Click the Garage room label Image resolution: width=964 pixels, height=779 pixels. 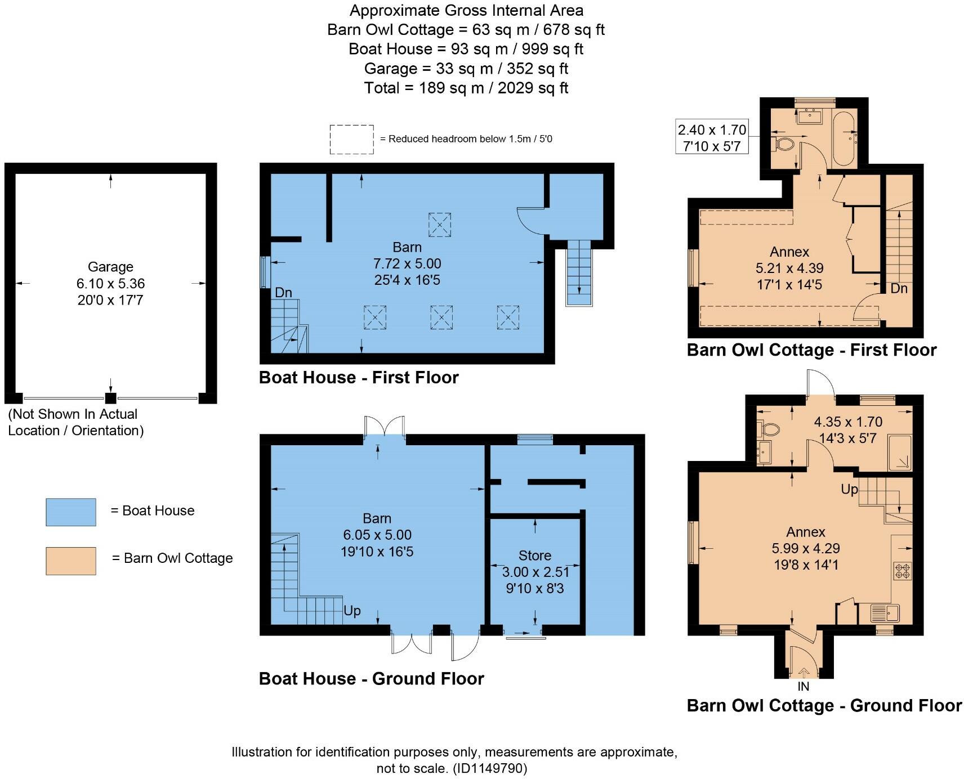[110, 267]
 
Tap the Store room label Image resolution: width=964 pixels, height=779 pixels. [534, 556]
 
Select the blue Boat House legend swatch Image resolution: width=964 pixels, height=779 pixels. [71, 512]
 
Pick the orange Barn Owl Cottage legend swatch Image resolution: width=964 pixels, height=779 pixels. [71, 561]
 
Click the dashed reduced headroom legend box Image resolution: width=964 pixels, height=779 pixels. [351, 139]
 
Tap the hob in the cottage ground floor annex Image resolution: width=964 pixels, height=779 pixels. [902, 570]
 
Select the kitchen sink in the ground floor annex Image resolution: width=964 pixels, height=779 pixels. [885, 612]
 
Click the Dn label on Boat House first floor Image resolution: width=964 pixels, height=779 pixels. [283, 293]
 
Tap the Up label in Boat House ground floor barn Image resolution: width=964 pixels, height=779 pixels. [352, 611]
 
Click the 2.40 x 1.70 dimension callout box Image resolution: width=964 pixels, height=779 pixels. [712, 138]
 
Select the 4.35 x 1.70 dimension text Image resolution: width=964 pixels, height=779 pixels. [848, 422]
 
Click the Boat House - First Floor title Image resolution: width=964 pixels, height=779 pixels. [359, 377]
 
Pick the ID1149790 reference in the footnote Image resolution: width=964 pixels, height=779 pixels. [490, 768]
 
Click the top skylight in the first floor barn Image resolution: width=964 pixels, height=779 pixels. [440, 224]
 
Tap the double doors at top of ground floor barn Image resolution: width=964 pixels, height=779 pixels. [385, 426]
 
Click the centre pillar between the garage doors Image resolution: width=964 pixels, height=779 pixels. [111, 398]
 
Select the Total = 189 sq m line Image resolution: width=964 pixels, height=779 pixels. [466, 88]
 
